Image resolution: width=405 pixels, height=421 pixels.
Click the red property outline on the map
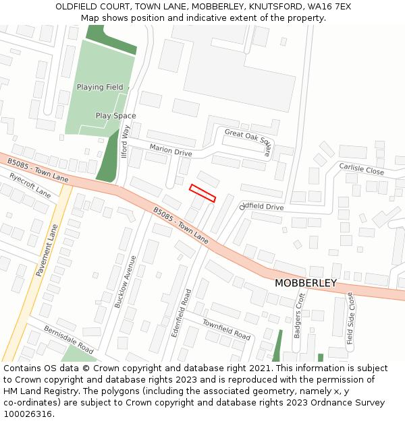(202, 193)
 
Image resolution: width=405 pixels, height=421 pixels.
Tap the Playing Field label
(100, 88)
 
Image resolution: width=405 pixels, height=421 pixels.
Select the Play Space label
(115, 116)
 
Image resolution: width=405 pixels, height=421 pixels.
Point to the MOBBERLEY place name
(305, 284)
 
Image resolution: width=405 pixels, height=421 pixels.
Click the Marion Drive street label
(171, 152)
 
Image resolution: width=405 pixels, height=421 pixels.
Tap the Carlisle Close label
(361, 169)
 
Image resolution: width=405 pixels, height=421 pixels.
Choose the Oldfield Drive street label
(262, 207)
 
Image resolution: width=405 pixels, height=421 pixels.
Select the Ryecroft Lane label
(30, 185)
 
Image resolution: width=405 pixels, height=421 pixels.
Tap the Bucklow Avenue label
(126, 282)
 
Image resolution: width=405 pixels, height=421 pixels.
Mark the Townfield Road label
(227, 330)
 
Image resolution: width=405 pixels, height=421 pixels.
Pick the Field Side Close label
(350, 319)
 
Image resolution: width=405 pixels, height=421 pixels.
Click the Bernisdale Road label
(69, 339)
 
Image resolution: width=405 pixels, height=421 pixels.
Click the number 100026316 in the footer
(29, 414)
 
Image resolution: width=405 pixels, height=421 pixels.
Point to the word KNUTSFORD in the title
(274, 7)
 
